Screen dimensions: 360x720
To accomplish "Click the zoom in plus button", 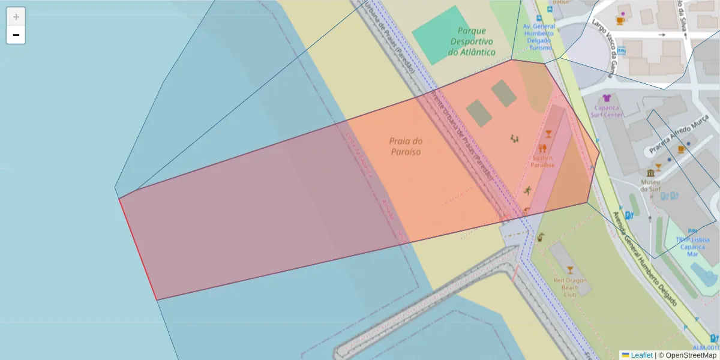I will coord(16,16).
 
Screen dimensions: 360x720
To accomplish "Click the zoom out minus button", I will coord(16,35).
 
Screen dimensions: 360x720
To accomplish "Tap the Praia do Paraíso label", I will coord(406,146).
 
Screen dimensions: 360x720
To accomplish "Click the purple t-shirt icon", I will coord(607,98).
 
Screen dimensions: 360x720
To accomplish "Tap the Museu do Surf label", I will coord(650,185).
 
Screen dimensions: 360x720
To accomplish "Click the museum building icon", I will coord(650,173).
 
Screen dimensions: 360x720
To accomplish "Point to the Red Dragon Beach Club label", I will coord(569,287).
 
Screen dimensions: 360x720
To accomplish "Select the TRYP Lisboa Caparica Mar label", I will coord(692,246).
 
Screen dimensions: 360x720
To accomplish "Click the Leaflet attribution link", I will coord(641,355).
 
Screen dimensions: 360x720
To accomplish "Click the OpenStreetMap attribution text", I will coord(691,355).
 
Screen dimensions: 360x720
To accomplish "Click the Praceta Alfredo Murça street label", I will coord(678,135).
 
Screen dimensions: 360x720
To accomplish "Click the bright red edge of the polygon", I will coord(137,248).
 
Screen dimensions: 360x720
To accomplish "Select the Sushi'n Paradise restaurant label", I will coord(542,161).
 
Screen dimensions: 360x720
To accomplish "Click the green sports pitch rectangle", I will coord(437,34).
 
